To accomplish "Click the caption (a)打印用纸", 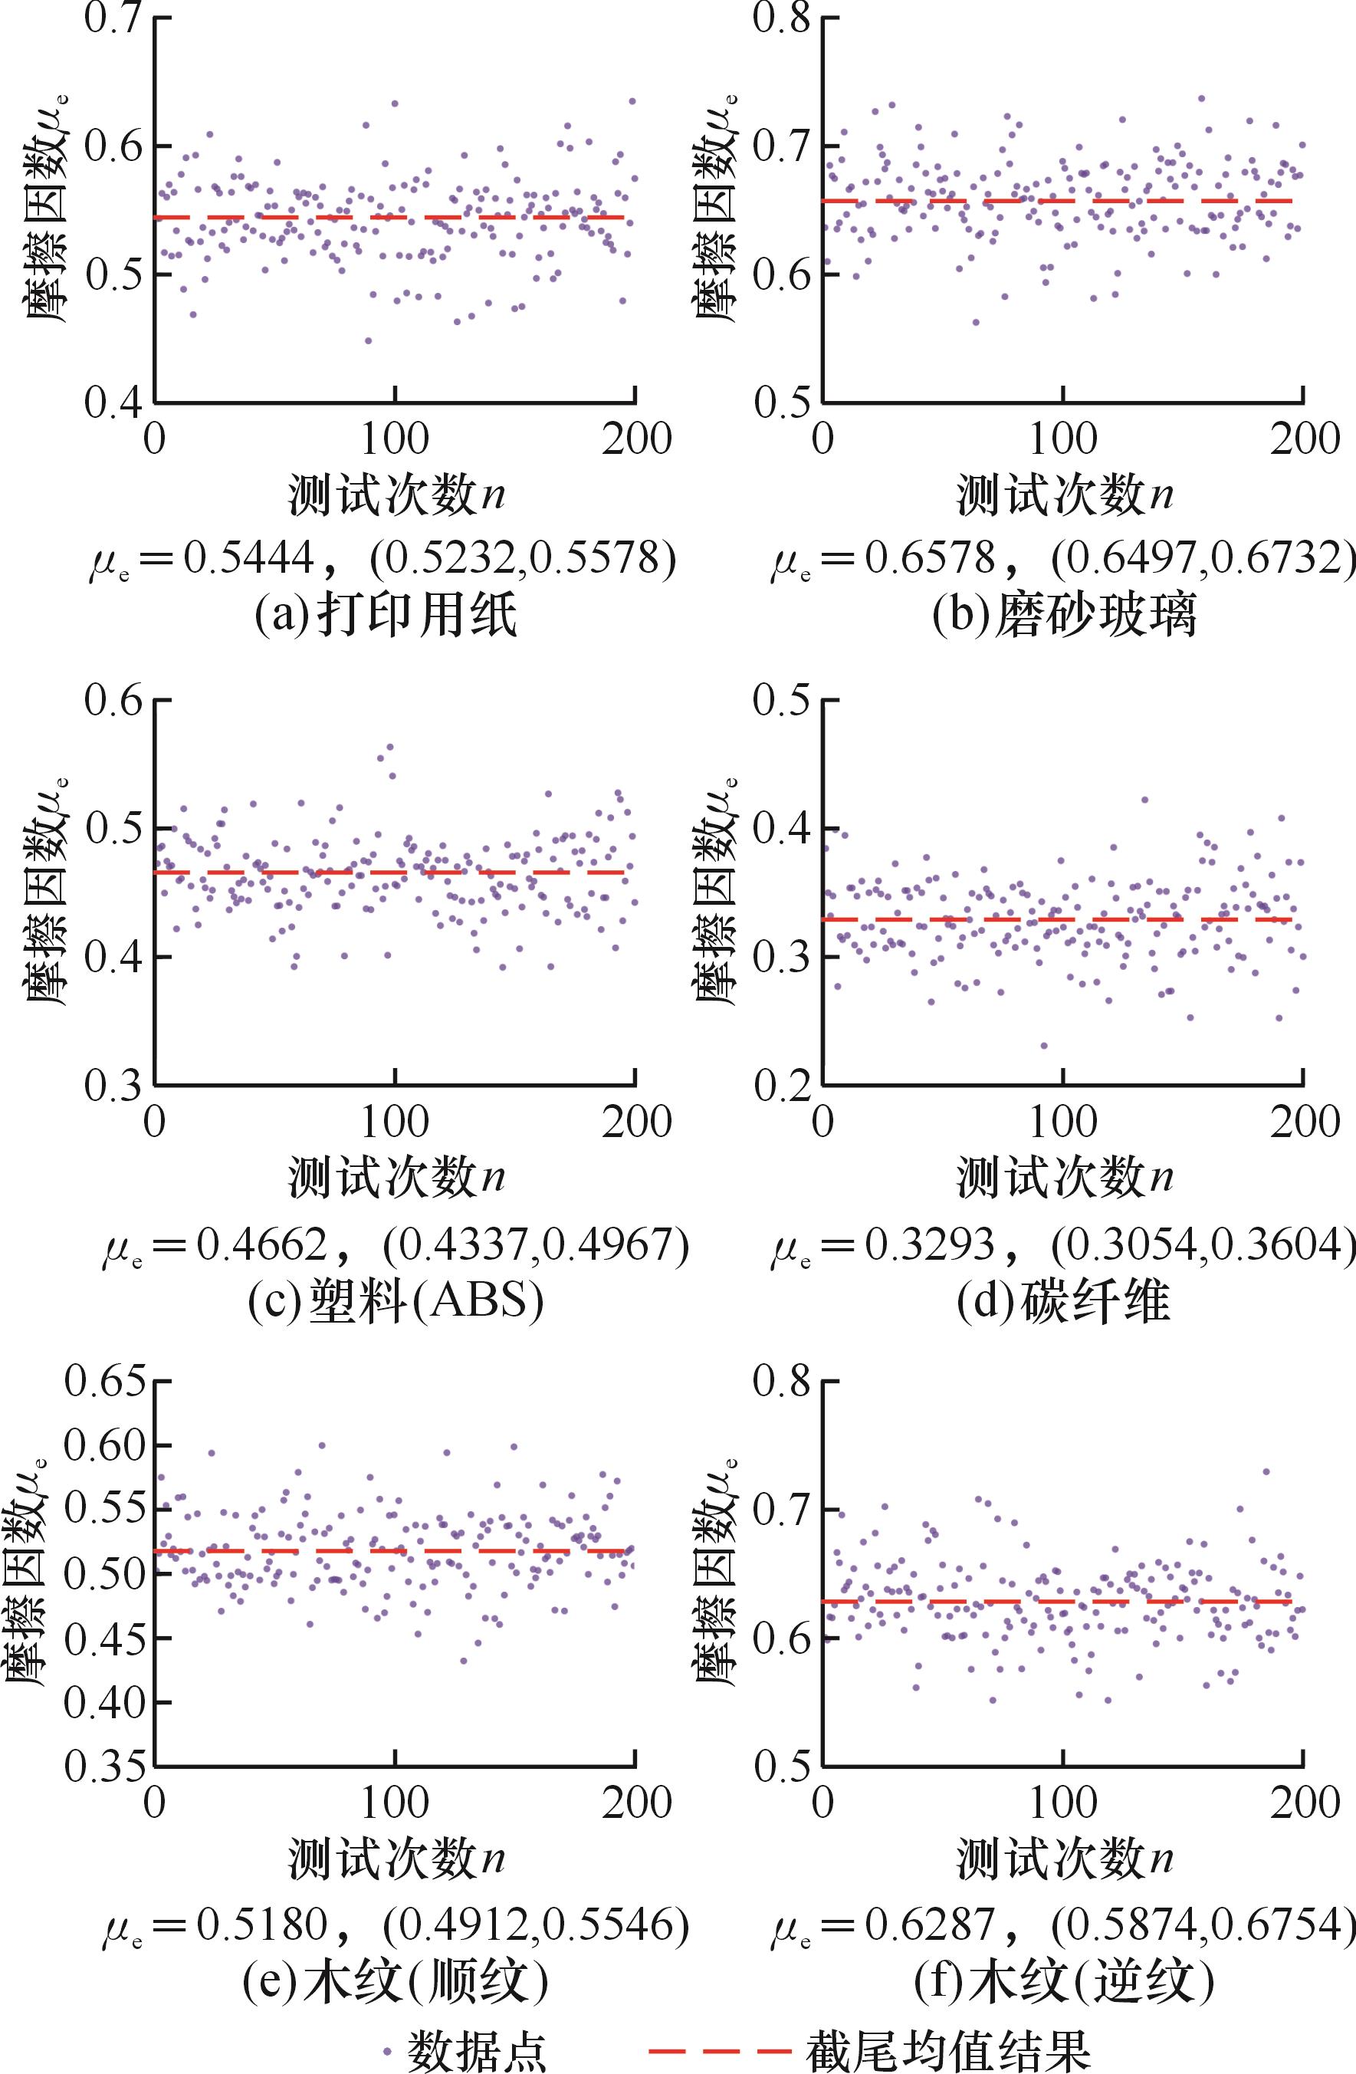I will pos(386,615).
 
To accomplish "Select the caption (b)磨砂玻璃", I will pos(1064,615).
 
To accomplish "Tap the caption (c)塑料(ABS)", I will pos(396,1302).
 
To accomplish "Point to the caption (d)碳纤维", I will pos(1063,1302).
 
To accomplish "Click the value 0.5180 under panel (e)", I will pos(261,1924).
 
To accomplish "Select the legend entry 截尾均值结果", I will pos(947,2049).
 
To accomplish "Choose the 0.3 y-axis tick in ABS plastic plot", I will pos(113,1086).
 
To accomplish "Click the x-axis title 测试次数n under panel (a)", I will pos(396,496).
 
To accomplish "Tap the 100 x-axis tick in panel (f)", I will pos(1063,1803).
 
